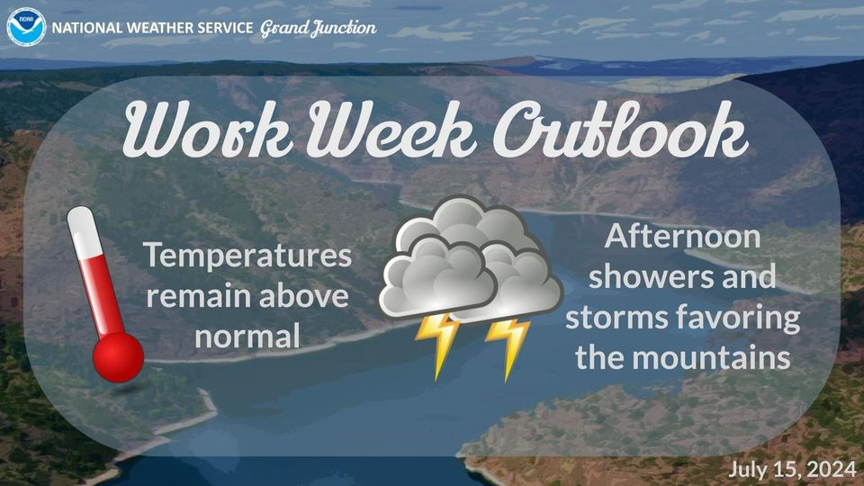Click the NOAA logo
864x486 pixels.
click(26, 27)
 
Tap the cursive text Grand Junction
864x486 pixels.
click(318, 28)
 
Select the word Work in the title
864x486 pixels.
click(208, 130)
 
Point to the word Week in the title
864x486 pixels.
click(391, 130)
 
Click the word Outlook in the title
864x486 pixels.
click(620, 129)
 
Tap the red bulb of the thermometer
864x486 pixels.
click(118, 357)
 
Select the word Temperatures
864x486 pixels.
click(247, 256)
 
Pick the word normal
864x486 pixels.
click(247, 337)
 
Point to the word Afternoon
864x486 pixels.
click(682, 237)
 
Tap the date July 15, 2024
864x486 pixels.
click(792, 470)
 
